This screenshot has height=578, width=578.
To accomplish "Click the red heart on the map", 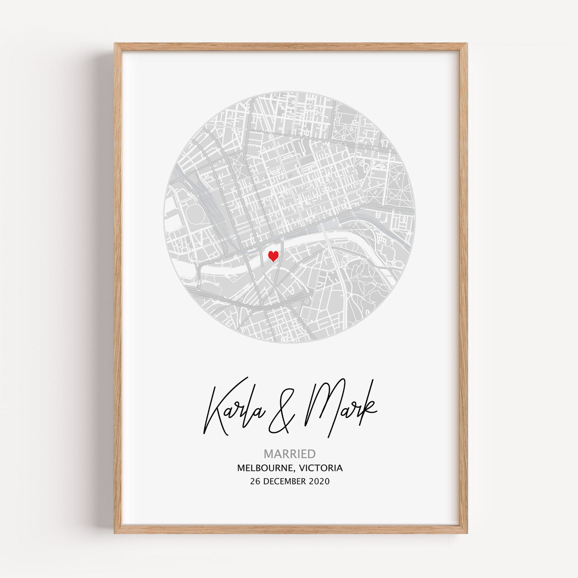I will pyautogui.click(x=273, y=256).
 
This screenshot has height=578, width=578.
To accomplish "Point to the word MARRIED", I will pyautogui.click(x=289, y=454).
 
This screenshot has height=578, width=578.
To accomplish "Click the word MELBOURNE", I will pyautogui.click(x=265, y=468).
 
